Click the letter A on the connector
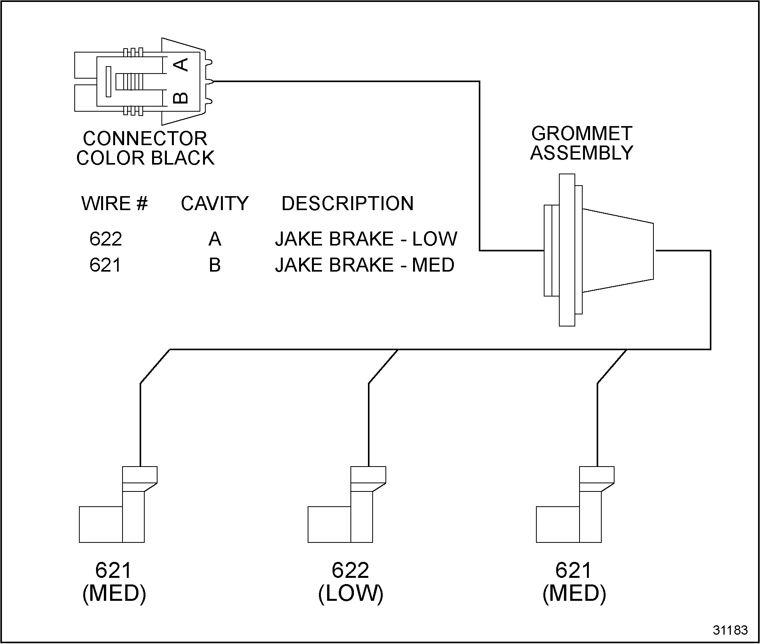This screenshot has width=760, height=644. tap(180, 65)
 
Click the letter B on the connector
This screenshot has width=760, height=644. tap(180, 98)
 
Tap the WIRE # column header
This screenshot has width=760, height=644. tap(114, 204)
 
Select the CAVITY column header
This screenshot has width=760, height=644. tap(214, 204)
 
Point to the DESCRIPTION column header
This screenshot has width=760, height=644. tap(347, 204)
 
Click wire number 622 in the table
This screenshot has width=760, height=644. tap(106, 239)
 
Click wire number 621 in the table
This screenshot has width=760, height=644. tap(105, 265)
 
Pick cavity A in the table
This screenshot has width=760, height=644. tap(215, 239)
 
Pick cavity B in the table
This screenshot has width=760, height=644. tap(215, 265)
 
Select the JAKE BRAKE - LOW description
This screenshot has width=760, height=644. tap(366, 239)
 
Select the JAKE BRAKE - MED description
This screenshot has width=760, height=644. tap(364, 265)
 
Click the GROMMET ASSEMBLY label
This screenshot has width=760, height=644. tap(581, 143)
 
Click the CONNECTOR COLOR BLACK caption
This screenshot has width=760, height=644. tap(145, 148)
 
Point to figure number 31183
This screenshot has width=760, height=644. tap(730, 630)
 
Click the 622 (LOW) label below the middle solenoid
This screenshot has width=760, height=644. tap(350, 582)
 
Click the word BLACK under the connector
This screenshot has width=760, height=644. tap(182, 158)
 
